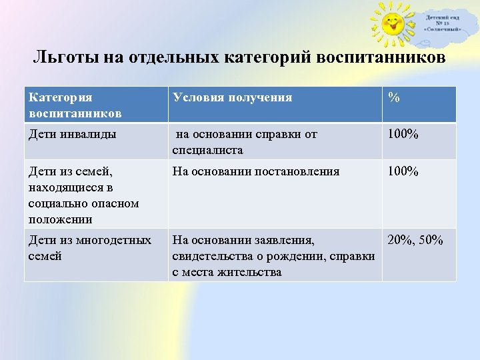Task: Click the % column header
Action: [394, 98]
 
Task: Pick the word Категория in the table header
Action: [61, 97]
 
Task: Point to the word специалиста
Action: [207, 150]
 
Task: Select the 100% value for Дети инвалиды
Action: [403, 135]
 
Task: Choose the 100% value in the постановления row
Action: [403, 172]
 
